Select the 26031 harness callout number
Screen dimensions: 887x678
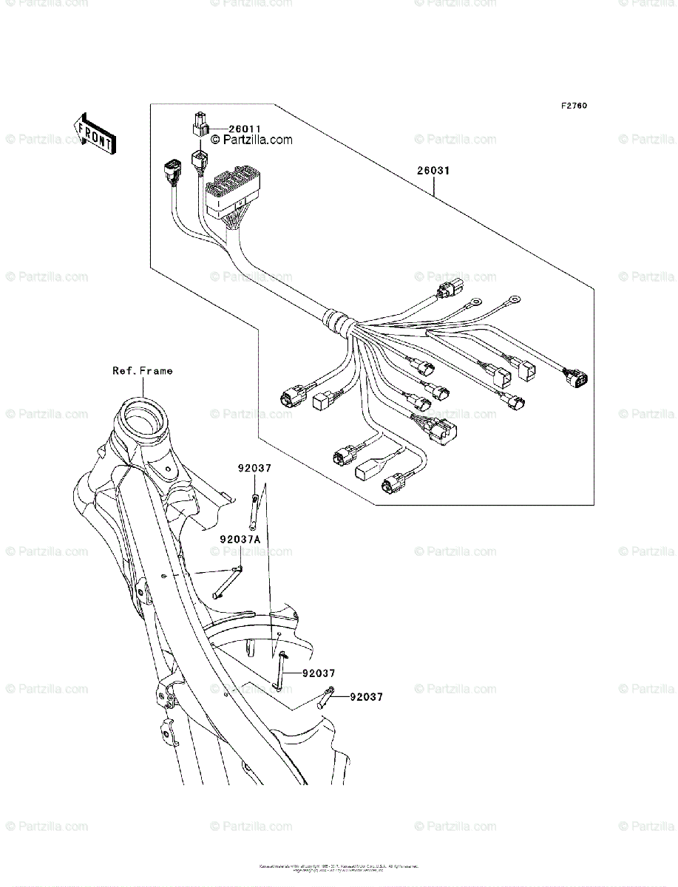point(433,171)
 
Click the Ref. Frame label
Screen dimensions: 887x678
point(142,371)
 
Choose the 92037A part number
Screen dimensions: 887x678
point(240,540)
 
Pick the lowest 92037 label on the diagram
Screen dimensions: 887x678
point(367,696)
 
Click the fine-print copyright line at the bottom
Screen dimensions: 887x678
point(339,867)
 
